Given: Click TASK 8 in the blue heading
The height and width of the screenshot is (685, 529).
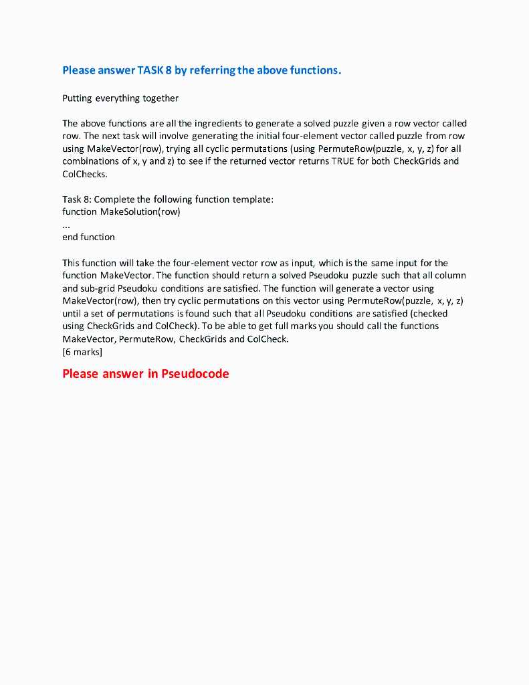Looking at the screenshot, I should [154, 70].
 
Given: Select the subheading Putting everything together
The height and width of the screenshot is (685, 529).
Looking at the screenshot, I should [120, 98].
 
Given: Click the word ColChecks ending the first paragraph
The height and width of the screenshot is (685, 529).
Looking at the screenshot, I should [84, 174].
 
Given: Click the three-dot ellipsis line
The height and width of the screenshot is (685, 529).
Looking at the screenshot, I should [66, 224].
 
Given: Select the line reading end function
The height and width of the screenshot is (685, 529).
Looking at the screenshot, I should [88, 237].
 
